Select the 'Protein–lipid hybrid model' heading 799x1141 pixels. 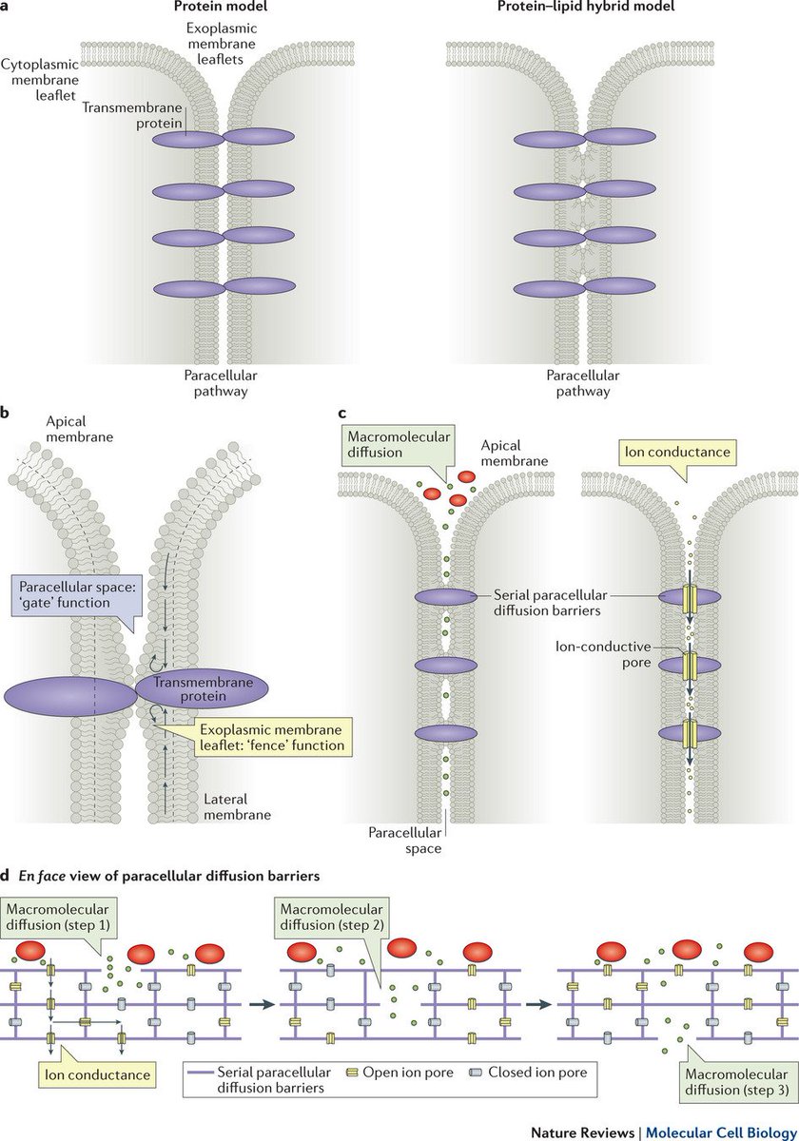[x=570, y=8]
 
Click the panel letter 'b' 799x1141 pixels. [x=7, y=416]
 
